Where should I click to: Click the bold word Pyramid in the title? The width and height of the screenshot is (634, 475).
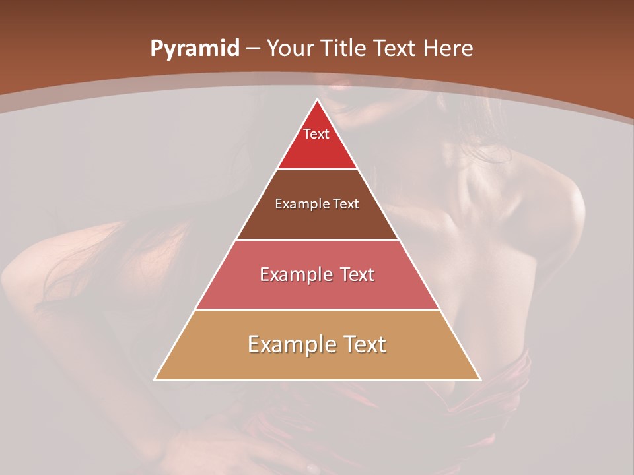point(194,49)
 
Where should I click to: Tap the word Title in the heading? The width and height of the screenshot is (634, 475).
point(345,48)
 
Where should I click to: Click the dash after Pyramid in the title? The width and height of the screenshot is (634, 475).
point(254,49)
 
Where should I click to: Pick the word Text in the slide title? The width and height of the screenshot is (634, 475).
point(396,48)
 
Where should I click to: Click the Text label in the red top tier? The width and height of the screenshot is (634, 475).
point(316,134)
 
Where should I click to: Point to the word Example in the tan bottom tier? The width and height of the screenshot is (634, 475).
point(285,344)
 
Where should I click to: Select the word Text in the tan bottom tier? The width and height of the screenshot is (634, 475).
point(360,344)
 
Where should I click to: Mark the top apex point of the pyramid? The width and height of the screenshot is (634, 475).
point(317,99)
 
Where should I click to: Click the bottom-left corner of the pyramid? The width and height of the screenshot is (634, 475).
point(155,380)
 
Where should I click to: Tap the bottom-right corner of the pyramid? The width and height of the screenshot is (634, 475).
point(480,380)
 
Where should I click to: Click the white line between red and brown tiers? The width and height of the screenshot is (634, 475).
point(317,169)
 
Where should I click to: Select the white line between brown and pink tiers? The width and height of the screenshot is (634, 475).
point(317,239)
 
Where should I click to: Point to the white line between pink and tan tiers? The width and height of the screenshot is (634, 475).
point(317,309)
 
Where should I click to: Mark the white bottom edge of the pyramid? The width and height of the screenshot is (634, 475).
point(317,380)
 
